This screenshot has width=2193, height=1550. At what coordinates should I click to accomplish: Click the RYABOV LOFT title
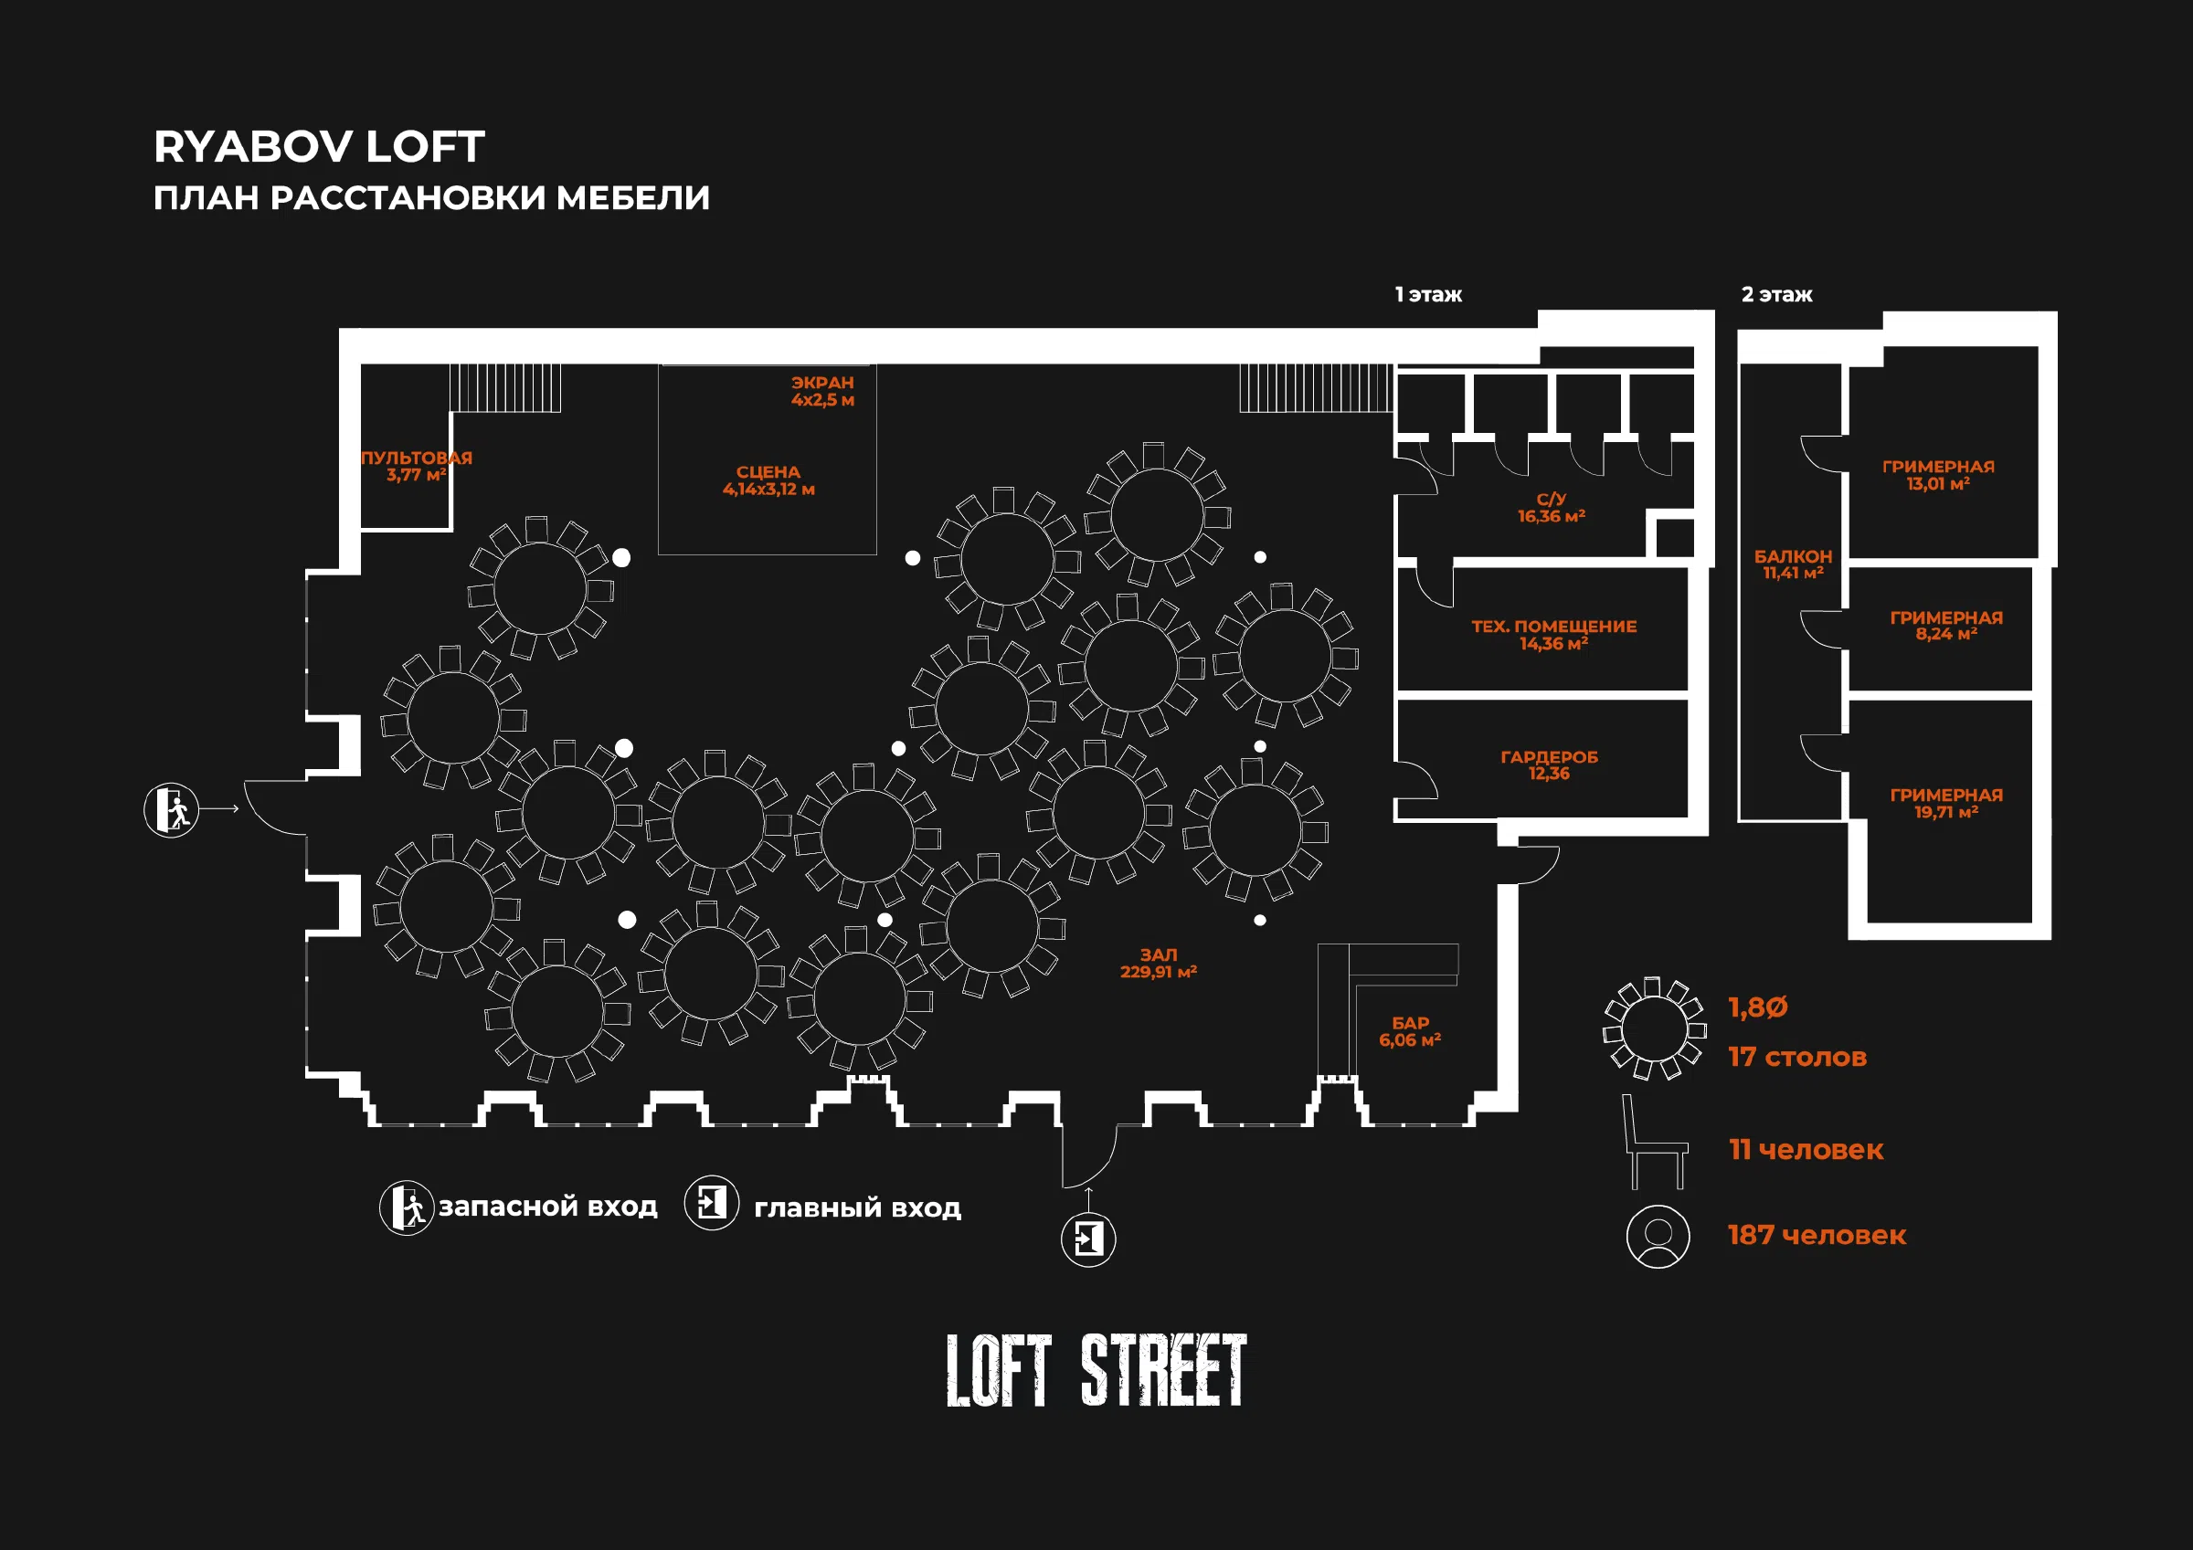click(x=319, y=147)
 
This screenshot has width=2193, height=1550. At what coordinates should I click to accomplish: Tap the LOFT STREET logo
click(x=1096, y=1369)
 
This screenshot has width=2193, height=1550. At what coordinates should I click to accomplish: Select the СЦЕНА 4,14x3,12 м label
click(x=768, y=480)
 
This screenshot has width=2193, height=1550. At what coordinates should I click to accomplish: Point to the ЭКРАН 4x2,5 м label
click(x=822, y=391)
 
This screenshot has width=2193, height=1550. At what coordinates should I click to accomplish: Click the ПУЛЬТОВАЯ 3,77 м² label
click(x=417, y=466)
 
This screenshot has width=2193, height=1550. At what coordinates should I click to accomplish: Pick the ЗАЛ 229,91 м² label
click(x=1159, y=963)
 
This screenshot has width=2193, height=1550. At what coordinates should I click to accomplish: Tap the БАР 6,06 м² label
click(x=1410, y=1031)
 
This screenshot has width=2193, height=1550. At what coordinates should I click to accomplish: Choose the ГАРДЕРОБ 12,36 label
click(x=1549, y=765)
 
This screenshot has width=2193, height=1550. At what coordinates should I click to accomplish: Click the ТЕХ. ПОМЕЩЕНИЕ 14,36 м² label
click(x=1554, y=635)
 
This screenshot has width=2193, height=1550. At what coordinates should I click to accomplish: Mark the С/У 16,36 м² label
click(x=1552, y=507)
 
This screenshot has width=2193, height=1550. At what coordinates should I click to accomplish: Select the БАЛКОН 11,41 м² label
click(x=1793, y=564)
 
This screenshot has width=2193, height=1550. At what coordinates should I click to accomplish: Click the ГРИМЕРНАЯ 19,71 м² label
click(x=1946, y=803)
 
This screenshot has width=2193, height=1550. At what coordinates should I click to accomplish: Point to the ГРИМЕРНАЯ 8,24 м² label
click(x=1946, y=626)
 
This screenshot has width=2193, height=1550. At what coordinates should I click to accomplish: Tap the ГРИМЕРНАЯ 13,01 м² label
click(x=1938, y=475)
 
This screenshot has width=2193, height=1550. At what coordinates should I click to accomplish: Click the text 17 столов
click(x=1797, y=1057)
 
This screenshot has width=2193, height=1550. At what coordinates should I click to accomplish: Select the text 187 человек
click(x=1817, y=1235)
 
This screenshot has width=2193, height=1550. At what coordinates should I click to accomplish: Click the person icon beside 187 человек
click(x=1658, y=1237)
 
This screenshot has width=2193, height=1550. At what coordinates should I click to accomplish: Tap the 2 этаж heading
click(x=1776, y=295)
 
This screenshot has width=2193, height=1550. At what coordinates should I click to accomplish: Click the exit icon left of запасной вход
click(x=407, y=1207)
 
